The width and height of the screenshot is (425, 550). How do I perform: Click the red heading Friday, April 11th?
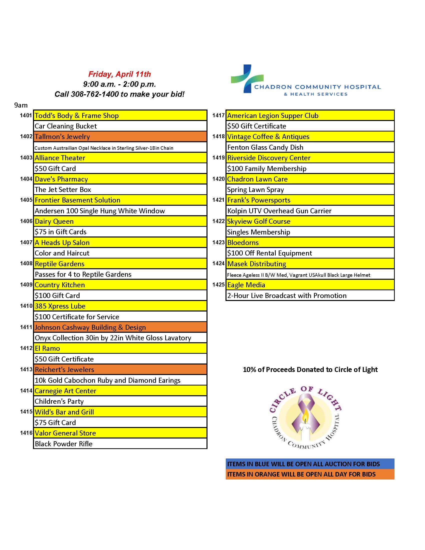point(119,74)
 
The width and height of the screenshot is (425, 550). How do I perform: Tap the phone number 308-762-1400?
point(95,94)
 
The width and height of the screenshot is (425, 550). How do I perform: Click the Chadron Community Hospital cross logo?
point(247,78)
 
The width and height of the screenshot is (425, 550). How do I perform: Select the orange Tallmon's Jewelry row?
point(120,136)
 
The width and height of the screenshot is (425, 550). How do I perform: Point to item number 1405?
point(26,200)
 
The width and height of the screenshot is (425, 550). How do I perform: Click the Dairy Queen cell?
point(120,221)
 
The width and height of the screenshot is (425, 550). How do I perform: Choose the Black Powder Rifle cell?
point(120,443)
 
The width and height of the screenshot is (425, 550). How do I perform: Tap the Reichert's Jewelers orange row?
point(120,369)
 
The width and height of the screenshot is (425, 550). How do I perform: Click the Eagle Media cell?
point(310,285)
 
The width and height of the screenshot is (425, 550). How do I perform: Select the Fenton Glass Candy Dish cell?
point(310,147)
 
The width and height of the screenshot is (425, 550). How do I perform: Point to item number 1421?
point(218,200)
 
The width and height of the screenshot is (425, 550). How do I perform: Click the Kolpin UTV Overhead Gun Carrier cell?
point(310,211)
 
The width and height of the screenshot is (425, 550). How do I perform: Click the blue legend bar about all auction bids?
point(310,463)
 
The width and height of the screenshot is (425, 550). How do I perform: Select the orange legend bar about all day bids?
point(310,474)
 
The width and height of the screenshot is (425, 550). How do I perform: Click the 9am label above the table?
point(21,105)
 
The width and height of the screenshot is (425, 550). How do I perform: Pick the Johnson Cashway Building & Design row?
point(120,327)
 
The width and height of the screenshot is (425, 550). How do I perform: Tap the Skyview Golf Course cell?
point(310,221)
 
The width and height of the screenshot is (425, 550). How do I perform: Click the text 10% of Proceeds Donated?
point(310,369)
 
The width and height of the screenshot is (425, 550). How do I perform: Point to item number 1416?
point(26,433)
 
